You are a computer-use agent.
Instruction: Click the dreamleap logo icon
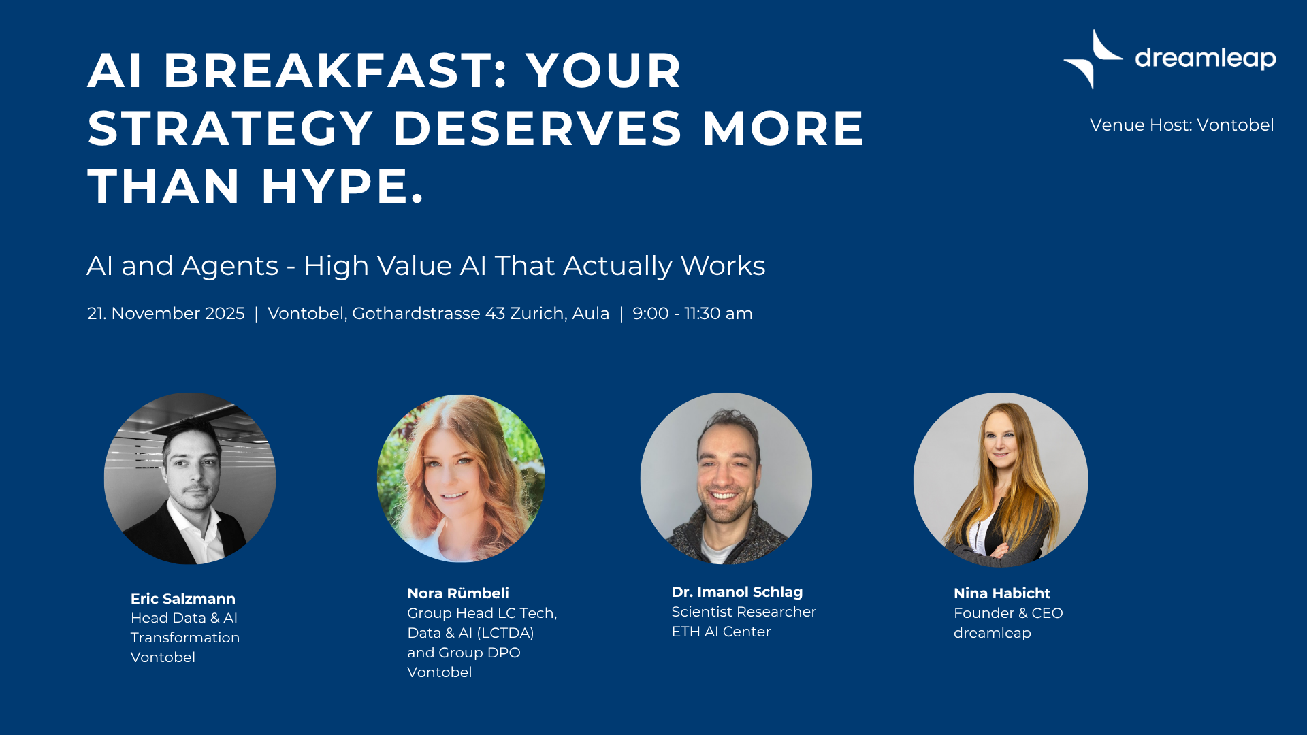point(1093,59)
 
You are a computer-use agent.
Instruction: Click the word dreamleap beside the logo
point(1205,59)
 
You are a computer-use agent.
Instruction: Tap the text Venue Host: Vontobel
point(1182,125)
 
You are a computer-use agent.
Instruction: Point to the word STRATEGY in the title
point(231,128)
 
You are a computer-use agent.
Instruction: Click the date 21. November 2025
point(165,314)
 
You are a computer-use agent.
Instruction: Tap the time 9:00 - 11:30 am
point(692,314)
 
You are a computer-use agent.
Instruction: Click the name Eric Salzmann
point(183,599)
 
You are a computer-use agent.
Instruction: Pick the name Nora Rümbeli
point(458,593)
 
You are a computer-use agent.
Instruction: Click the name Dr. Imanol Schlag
point(737,592)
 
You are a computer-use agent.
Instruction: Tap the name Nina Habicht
point(1002,593)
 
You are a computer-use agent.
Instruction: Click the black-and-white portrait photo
point(190,478)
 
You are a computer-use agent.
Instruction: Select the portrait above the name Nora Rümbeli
point(461,478)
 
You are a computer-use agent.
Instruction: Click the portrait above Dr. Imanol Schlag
point(726,478)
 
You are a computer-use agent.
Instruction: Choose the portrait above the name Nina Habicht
point(1001,480)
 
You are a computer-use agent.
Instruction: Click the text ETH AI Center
point(721,632)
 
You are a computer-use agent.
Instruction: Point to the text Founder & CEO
point(1008,613)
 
